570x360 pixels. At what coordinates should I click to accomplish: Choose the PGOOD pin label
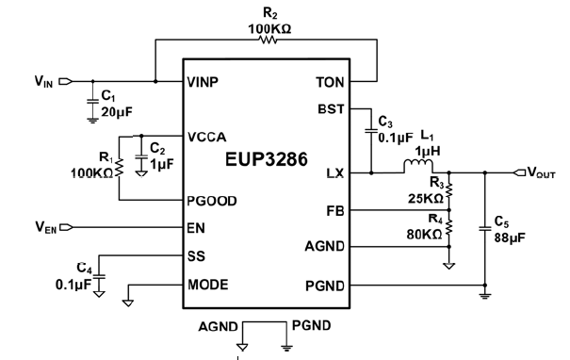(x=212, y=201)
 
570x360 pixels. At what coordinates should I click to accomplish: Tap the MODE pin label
(x=207, y=284)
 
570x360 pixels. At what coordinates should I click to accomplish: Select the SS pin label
(x=197, y=255)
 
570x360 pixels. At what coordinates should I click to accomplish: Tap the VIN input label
(x=42, y=82)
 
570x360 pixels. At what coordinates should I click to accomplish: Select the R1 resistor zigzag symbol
(x=121, y=171)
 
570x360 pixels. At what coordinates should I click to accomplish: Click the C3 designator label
(x=383, y=122)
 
